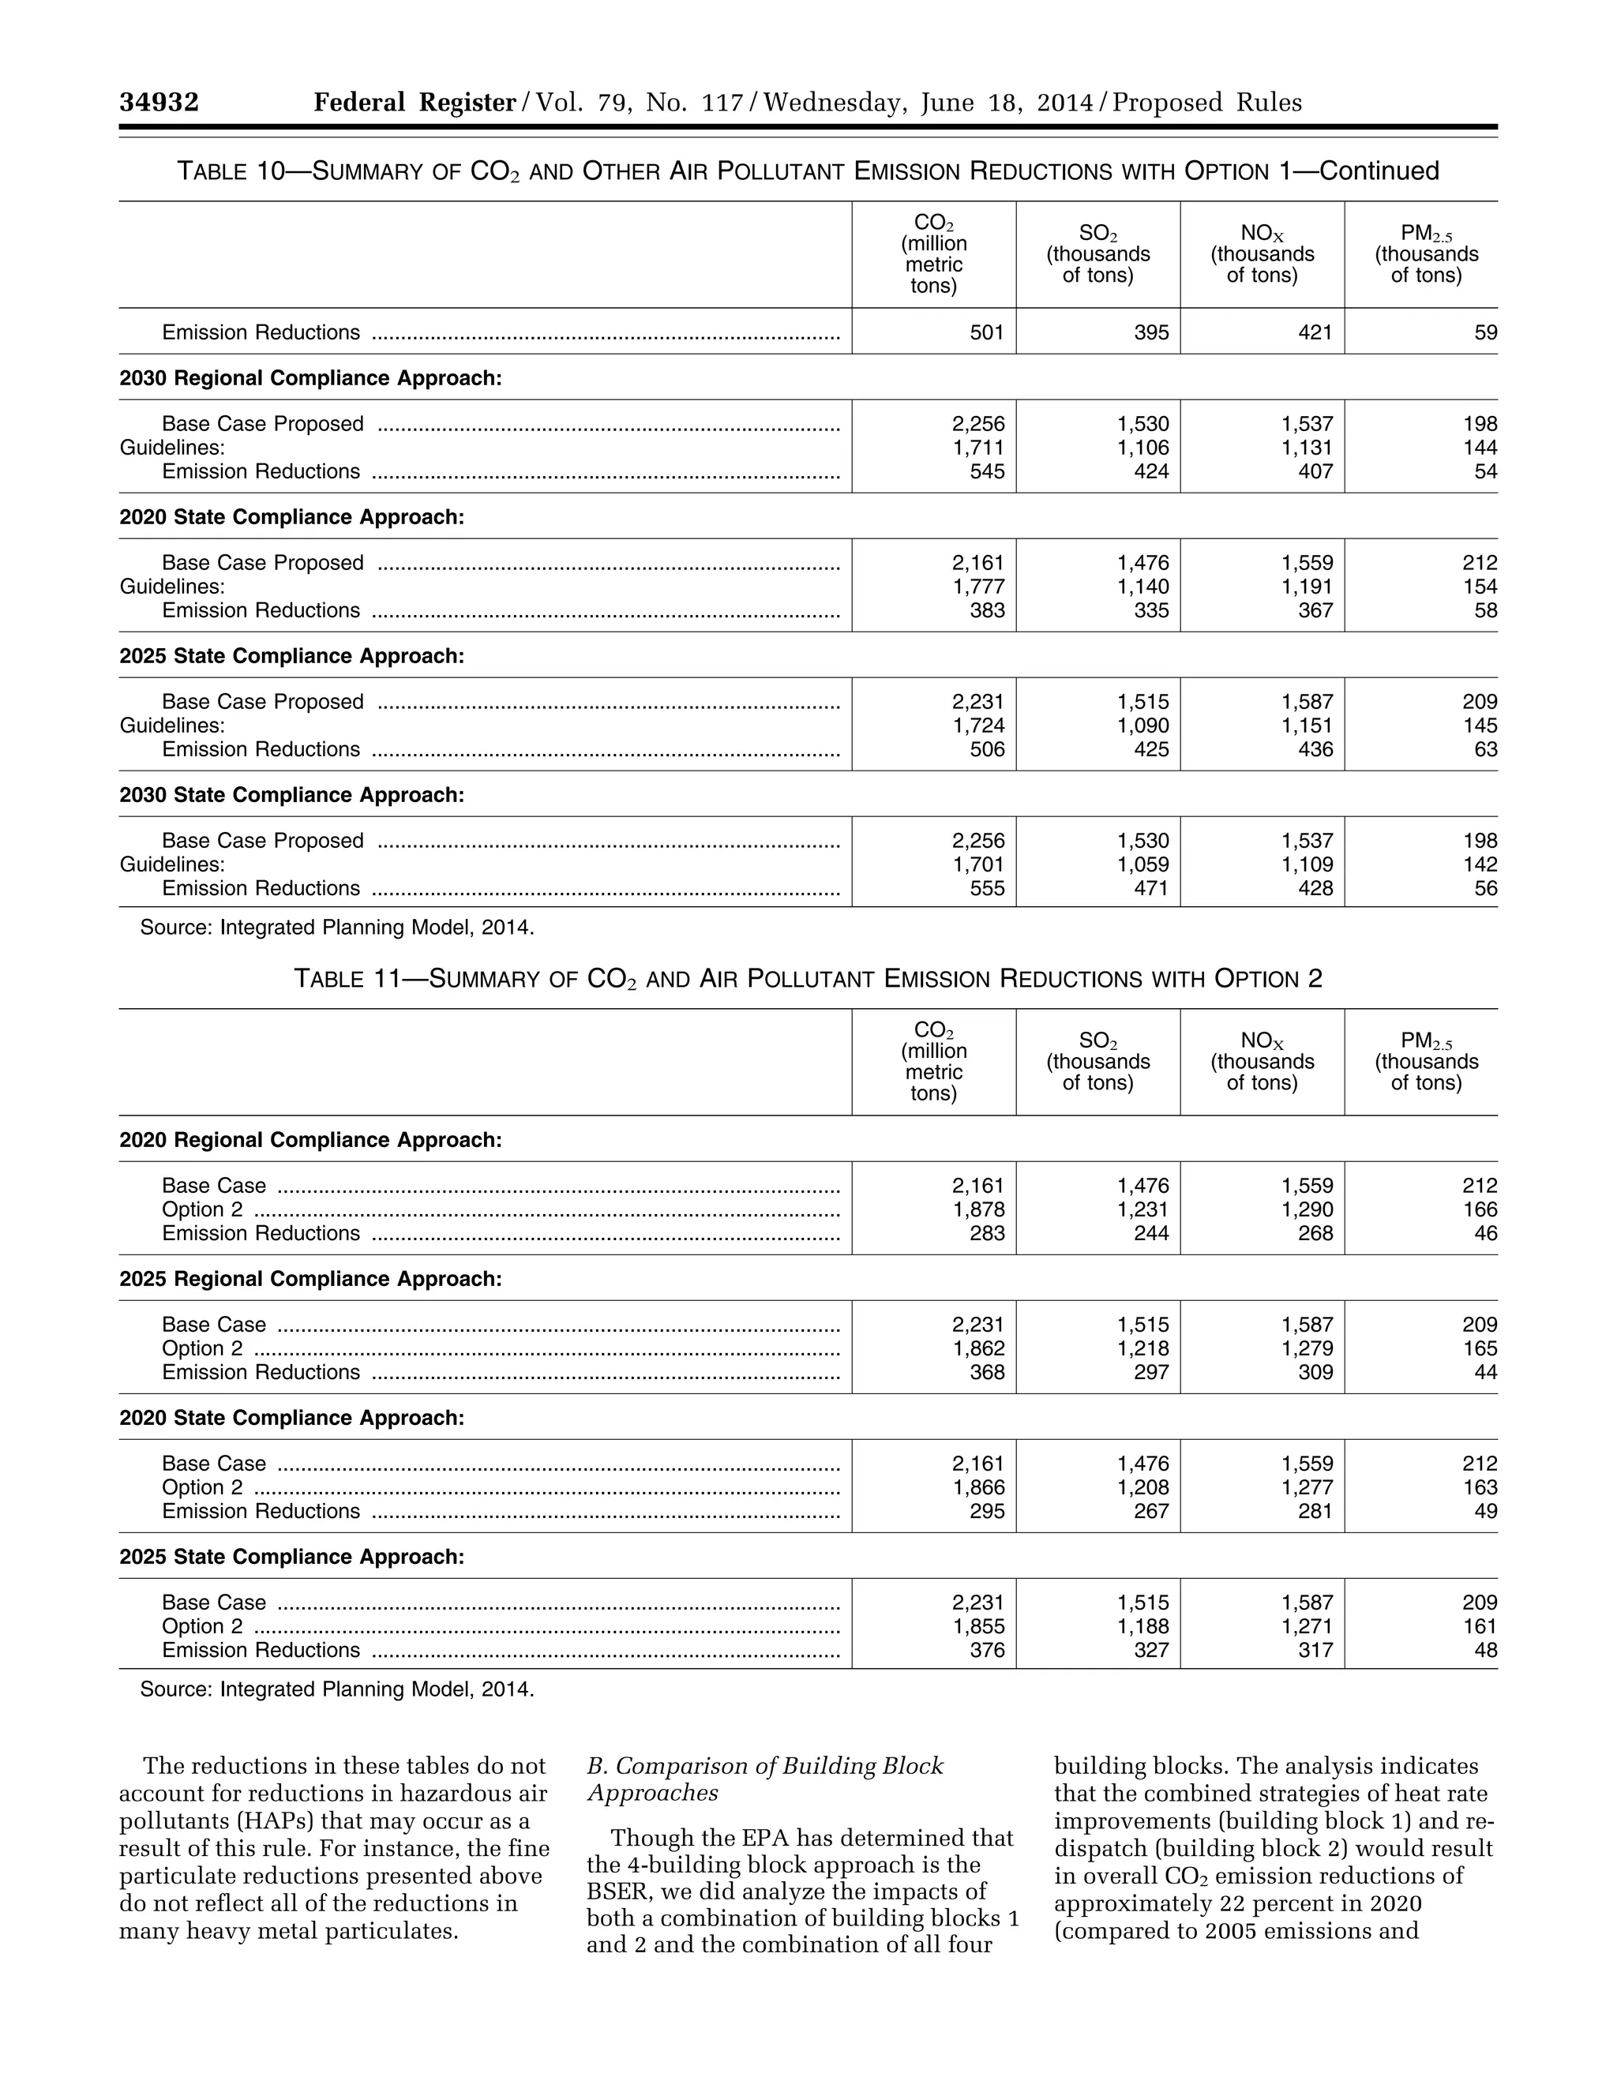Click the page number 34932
point(159,103)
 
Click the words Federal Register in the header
point(415,103)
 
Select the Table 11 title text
point(807,978)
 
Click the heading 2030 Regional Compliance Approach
point(310,378)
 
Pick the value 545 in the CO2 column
point(987,471)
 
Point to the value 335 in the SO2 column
point(1150,610)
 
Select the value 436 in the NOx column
point(1315,749)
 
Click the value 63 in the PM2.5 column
point(1485,749)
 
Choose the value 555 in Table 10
point(987,888)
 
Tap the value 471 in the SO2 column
point(1150,888)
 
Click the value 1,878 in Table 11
point(978,1209)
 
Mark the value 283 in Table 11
point(987,1234)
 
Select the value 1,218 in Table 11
point(1142,1348)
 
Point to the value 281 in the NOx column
point(1315,1512)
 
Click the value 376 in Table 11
point(987,1651)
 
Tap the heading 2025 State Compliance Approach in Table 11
point(291,1558)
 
